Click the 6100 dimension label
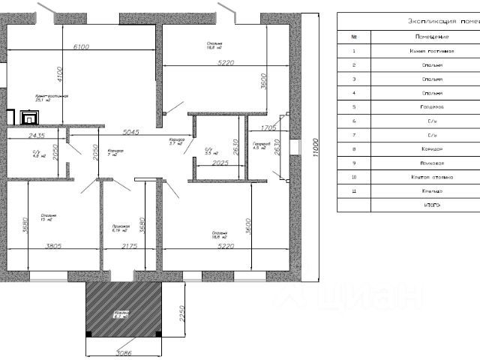pos(80,46)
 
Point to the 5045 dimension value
pos(130,132)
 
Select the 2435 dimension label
pos(37,136)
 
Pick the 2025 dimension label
pos(220,162)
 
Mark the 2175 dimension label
pos(128,245)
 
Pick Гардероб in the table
pos(431,106)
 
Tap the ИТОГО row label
pos(431,205)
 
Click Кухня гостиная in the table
pos(431,51)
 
